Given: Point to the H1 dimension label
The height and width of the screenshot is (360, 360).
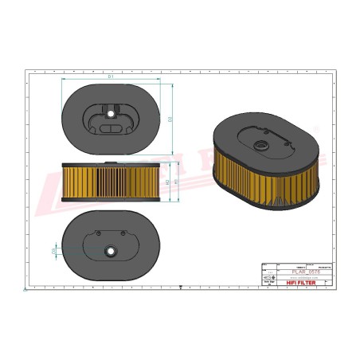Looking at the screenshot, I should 175,182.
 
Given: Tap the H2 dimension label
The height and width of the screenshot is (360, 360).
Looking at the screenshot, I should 166,182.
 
